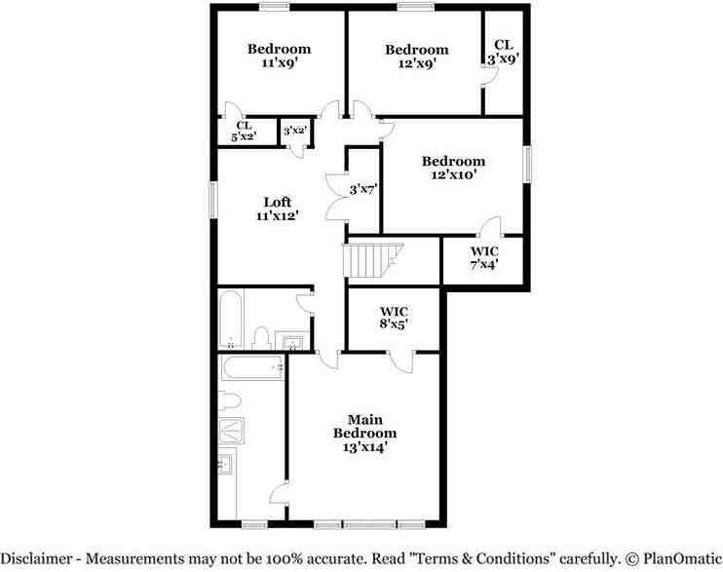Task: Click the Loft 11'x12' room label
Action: pos(277,209)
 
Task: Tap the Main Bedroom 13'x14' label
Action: pos(364,433)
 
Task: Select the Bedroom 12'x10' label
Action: pos(452,168)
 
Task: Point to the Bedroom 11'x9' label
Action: pos(279,56)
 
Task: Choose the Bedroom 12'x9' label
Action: pos(416,57)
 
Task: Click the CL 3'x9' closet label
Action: pos(503,51)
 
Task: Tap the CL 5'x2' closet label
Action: pos(244,131)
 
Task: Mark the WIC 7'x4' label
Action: pos(483,257)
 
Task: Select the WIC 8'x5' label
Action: pos(394,318)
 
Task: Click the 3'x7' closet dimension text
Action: pos(362,189)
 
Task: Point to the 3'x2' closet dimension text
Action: pos(295,131)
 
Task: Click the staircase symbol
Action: pos(369,260)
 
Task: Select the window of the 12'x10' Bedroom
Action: pos(527,163)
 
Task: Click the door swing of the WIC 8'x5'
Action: pos(399,362)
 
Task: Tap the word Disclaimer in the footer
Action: pos(40,558)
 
